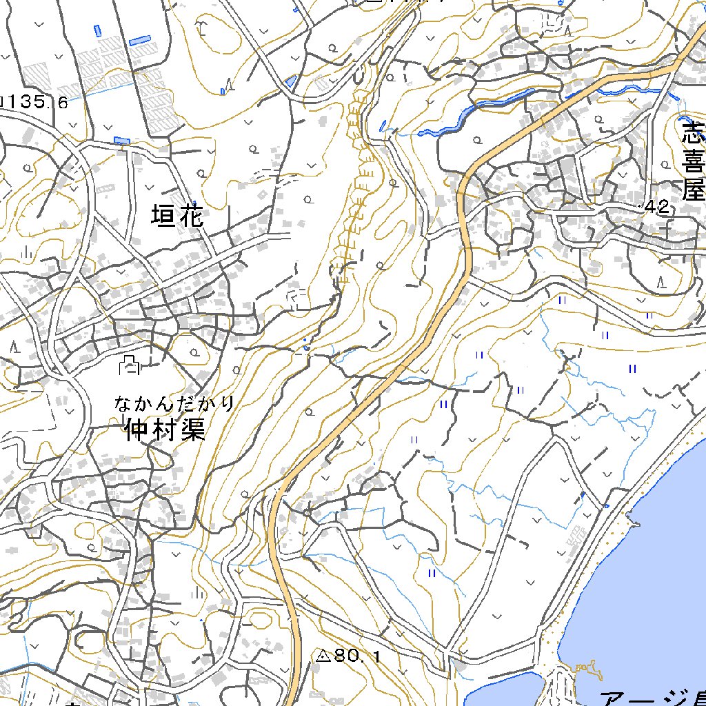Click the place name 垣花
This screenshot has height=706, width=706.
pos(178,217)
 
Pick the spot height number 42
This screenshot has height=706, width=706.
pos(658,207)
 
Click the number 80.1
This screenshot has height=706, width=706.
pos(357,656)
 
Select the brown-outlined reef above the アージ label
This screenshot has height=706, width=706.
pos(586,669)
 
